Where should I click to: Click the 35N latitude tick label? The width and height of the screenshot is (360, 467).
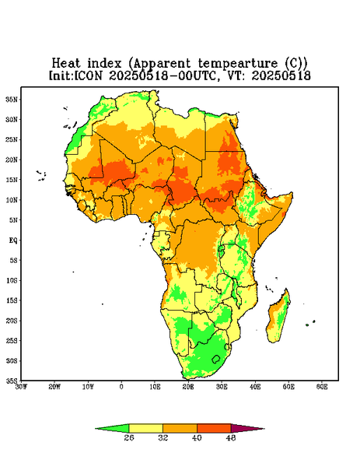tap(12, 100)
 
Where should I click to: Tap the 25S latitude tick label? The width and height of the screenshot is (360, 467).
tap(12, 340)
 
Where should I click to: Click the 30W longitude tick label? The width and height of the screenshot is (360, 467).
tap(22, 387)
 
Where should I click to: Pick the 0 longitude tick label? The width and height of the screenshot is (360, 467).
tap(121, 387)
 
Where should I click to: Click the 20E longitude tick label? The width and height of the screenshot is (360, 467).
tap(188, 387)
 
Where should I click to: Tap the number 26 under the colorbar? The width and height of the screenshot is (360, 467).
tap(129, 437)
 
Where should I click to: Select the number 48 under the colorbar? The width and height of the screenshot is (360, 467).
tap(231, 437)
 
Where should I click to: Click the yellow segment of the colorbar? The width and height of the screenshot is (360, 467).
tap(145, 428)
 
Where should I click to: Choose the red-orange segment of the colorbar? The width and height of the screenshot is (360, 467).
tap(214, 428)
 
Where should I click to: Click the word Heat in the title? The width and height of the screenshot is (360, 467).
tap(66, 64)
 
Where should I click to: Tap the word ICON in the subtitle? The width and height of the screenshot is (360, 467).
tap(88, 75)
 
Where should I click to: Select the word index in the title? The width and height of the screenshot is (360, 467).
tap(104, 64)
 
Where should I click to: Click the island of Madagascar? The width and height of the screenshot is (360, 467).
tap(278, 318)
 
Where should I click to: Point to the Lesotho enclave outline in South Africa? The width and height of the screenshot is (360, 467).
tap(216, 359)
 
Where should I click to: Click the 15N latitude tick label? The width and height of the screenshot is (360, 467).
tap(12, 180)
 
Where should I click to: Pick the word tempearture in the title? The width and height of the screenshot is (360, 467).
tap(238, 64)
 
